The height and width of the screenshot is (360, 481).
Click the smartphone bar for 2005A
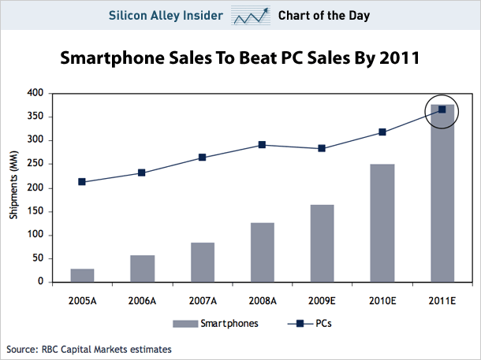(x=82, y=275)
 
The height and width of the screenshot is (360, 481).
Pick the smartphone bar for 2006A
(x=142, y=269)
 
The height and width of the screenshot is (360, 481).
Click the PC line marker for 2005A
(x=82, y=182)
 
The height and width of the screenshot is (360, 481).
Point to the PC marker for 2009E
(x=322, y=148)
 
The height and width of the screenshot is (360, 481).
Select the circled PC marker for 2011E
(x=442, y=109)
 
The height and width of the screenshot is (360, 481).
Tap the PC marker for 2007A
(x=202, y=158)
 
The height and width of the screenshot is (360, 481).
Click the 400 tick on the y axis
(x=35, y=93)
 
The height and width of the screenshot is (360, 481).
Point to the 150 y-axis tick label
(x=35, y=211)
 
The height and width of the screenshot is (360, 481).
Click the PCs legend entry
(x=308, y=323)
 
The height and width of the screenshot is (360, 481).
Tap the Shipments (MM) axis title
(x=14, y=187)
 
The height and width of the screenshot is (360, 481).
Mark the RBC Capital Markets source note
(x=89, y=347)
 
